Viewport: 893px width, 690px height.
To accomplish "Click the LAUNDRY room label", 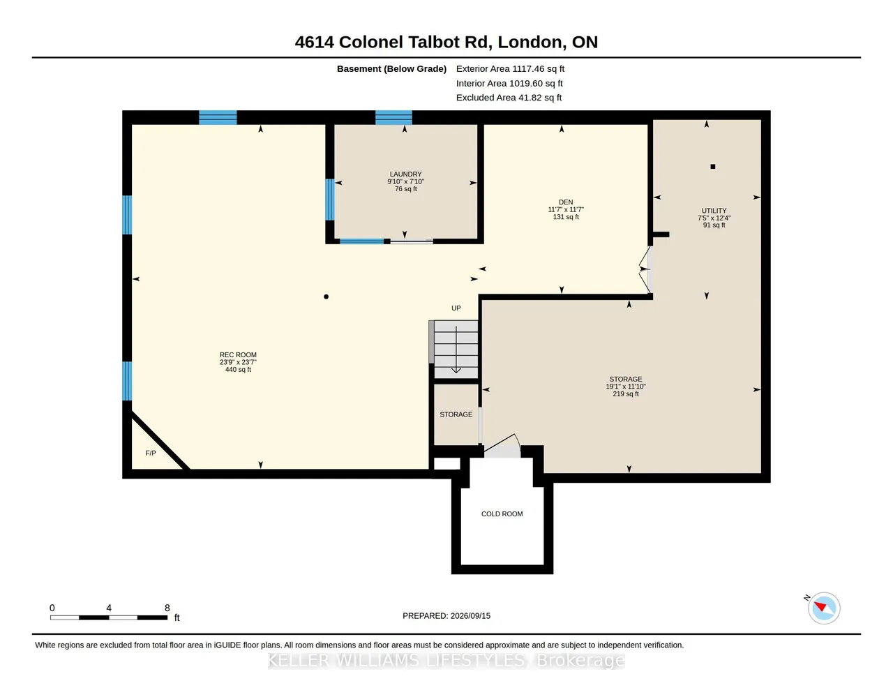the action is pos(405,174).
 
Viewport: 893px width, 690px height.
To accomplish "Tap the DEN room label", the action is pos(566,202).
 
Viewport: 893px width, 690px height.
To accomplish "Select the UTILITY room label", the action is pos(714,211).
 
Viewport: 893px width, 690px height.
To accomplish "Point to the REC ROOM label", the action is pos(238,354).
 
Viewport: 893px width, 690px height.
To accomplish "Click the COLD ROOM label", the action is pos(502,513).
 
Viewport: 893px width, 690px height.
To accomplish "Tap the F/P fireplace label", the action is pos(151,453).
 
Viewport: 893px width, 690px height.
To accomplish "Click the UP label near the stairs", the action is pos(456,308).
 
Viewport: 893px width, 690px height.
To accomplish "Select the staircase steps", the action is pos(456,350).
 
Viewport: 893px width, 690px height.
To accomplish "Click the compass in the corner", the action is pos(823,608).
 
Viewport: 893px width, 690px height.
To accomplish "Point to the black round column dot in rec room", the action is pos(326,297).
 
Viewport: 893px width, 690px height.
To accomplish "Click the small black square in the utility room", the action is pos(712,167).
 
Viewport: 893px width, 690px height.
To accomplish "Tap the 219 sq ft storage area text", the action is pos(626,393).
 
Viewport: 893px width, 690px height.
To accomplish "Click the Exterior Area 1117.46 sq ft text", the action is pos(510,69).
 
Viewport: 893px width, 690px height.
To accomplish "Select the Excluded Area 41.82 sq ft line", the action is pos(509,98).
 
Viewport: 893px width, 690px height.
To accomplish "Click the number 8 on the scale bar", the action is pos(167,608).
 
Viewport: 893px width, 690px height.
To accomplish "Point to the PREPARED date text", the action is pos(446,615).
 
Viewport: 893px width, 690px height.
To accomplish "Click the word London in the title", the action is pos(530,43).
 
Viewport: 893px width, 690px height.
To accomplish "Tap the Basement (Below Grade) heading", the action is pos(391,69).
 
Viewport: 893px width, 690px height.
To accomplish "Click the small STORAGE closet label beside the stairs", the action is pos(456,414).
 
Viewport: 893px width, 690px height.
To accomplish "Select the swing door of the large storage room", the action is pos(502,444).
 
